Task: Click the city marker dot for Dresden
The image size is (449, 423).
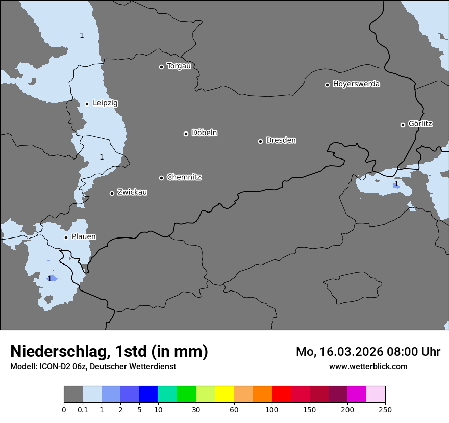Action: [260, 141]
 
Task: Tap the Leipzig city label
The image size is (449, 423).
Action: [105, 103]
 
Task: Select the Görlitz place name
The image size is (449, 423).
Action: [420, 124]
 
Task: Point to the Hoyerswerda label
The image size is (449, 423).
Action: [356, 84]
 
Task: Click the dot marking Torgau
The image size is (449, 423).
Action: [161, 67]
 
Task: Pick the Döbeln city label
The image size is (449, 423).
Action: [204, 133]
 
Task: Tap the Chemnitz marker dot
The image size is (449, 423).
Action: [161, 178]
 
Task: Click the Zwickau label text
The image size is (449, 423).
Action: [132, 192]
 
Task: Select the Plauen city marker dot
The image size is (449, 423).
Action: [66, 237]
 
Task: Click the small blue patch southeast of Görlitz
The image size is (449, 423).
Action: [396, 186]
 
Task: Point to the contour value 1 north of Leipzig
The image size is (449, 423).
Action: [82, 35]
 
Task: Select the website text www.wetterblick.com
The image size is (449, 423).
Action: [368, 366]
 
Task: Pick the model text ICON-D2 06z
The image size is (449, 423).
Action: [62, 366]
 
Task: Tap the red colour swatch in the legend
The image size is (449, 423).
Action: [281, 394]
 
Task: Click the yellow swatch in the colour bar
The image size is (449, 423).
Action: [224, 394]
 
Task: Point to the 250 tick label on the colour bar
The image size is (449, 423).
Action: [385, 409]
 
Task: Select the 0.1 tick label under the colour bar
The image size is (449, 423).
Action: [83, 409]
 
